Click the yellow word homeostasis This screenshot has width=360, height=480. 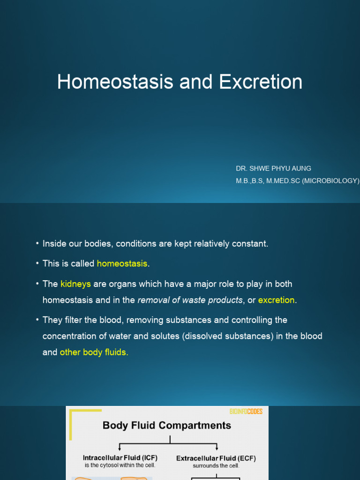tap(122, 264)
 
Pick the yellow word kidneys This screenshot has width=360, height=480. tap(75, 284)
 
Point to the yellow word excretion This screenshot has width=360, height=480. tap(277, 300)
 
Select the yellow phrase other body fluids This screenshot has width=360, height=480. tap(93, 352)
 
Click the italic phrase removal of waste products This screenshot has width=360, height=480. tap(190, 300)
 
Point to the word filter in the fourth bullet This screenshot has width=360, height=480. tap(72, 320)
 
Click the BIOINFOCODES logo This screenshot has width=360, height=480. tap(246, 412)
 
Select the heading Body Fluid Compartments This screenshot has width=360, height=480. tap(167, 426)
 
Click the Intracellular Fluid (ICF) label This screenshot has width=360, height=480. tap(120, 458)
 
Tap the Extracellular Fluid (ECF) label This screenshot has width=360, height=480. tap(216, 458)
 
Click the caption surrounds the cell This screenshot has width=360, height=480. tap(216, 466)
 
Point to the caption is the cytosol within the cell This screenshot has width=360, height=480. tap(120, 465)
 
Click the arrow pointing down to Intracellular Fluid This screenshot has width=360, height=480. tap(120, 447)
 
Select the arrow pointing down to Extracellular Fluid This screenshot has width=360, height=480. tap(217, 447)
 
